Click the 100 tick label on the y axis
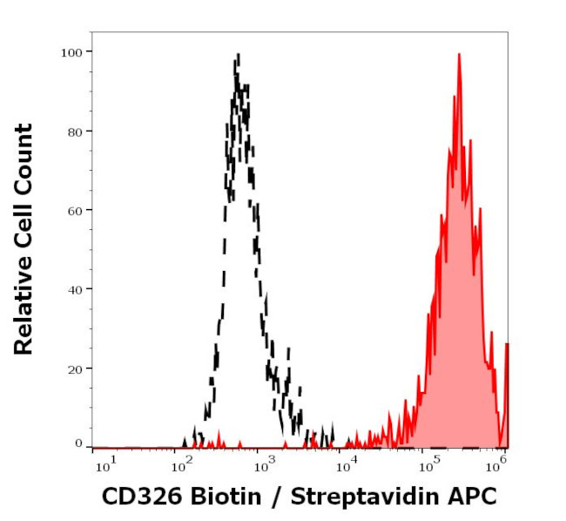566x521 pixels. coord(71,52)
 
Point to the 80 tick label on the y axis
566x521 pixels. coord(75,132)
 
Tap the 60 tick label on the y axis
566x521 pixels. coord(75,210)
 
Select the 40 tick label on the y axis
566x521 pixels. coord(75,289)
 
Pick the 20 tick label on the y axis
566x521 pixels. coord(75,369)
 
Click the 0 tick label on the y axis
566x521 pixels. coord(78,443)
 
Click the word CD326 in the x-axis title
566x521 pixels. coord(136,497)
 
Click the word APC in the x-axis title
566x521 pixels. coord(475,497)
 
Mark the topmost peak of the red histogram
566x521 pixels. coord(459,54)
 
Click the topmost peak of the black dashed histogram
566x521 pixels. coord(237,56)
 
